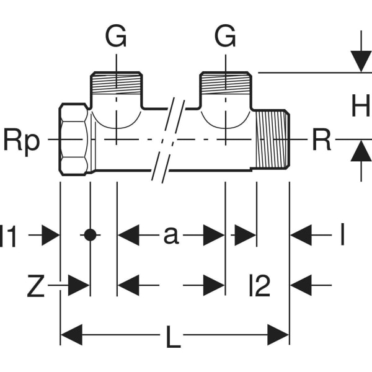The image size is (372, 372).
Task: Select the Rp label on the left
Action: [22, 141]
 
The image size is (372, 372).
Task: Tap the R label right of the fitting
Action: [321, 141]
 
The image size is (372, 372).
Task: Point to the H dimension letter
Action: [360, 107]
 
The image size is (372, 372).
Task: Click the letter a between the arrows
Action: [170, 235]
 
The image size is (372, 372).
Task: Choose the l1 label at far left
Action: [9, 236]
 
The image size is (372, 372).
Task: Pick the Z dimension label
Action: [35, 286]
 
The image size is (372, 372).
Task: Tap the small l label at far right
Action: [342, 235]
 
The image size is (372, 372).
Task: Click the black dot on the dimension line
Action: [90, 235]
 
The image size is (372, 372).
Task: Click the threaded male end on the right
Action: [273, 141]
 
